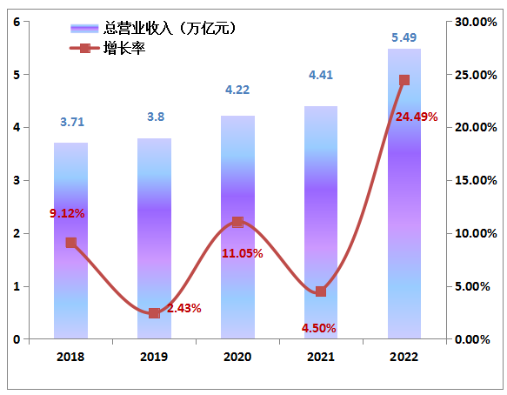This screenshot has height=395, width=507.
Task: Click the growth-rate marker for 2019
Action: (154, 313)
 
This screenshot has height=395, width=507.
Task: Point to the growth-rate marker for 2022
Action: (404, 80)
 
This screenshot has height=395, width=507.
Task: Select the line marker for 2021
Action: (321, 291)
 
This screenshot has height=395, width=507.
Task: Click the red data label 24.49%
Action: (416, 117)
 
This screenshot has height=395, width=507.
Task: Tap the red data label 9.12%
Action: (67, 213)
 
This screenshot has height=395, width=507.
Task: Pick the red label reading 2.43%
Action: (184, 308)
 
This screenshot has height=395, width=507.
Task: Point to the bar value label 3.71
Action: (72, 123)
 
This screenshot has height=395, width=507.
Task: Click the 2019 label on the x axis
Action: (154, 357)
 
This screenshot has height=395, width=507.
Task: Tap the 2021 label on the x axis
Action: (321, 357)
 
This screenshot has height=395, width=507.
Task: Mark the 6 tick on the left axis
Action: (17, 22)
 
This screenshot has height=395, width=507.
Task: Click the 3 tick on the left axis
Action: (17, 181)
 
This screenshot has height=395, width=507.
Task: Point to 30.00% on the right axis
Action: (476, 22)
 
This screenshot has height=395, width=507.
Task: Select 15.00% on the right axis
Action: (476, 181)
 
